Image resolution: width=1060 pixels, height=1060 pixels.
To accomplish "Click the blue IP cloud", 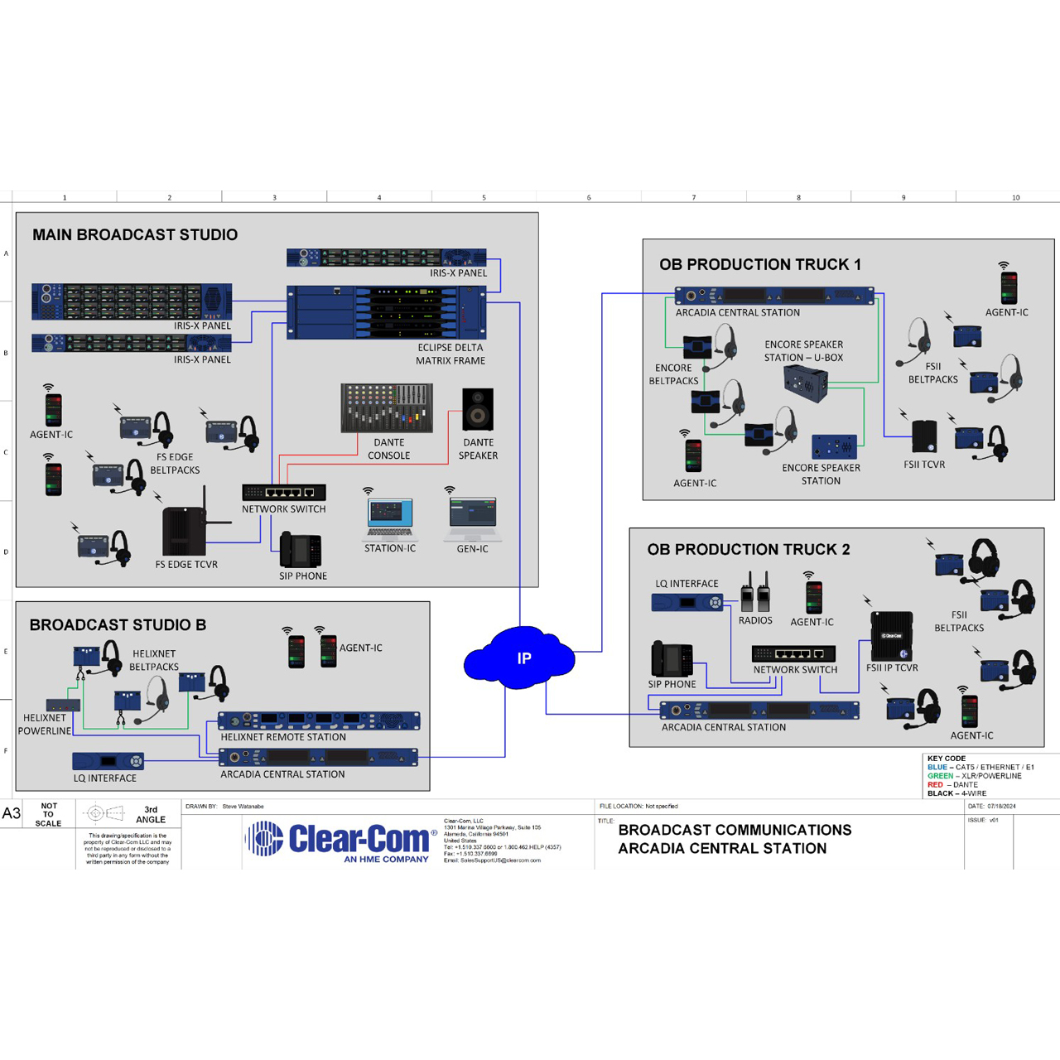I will (519, 658).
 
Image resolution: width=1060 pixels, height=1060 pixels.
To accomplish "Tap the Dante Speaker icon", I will (478, 409).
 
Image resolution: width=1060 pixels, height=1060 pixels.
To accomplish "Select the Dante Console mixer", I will (387, 407).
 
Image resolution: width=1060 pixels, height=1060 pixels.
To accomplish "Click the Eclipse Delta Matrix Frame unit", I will (386, 312).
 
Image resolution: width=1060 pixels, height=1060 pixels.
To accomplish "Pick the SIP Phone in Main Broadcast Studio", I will (300, 551).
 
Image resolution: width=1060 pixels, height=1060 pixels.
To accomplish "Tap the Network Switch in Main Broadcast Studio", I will (283, 492).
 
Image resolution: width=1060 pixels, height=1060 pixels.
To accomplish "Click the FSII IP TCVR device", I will (892, 636).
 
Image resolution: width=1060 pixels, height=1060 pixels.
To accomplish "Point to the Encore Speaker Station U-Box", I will (805, 383).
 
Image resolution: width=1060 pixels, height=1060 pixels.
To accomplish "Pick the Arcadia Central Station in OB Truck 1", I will (774, 296).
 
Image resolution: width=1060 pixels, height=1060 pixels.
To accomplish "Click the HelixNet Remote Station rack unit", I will (319, 720).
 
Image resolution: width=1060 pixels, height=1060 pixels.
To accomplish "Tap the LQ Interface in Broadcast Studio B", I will (108, 760).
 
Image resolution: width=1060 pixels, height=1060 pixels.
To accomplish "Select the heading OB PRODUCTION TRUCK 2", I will (748, 549).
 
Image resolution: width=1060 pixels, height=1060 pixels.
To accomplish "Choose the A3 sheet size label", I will (12, 813).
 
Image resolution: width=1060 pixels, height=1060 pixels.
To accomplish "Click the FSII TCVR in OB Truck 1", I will (924, 437).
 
